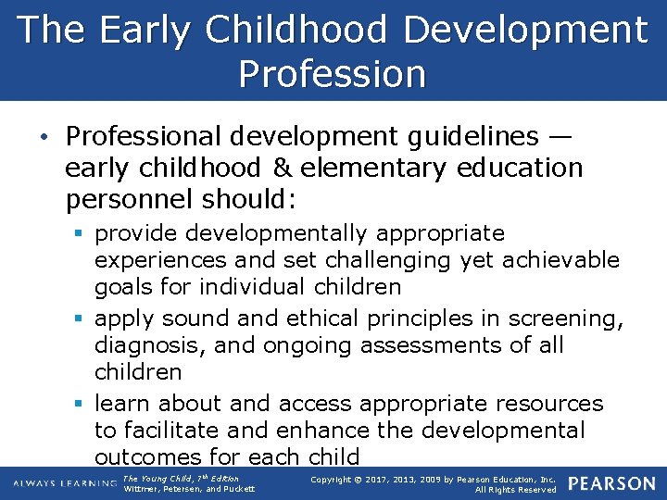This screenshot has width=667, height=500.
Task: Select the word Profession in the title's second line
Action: pyautogui.click(x=333, y=73)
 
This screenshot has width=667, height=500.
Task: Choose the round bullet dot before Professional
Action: pyautogui.click(x=47, y=137)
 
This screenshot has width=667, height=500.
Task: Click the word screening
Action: pyautogui.click(x=564, y=319)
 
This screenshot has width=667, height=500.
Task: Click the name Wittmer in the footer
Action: pyautogui.click(x=141, y=489)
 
